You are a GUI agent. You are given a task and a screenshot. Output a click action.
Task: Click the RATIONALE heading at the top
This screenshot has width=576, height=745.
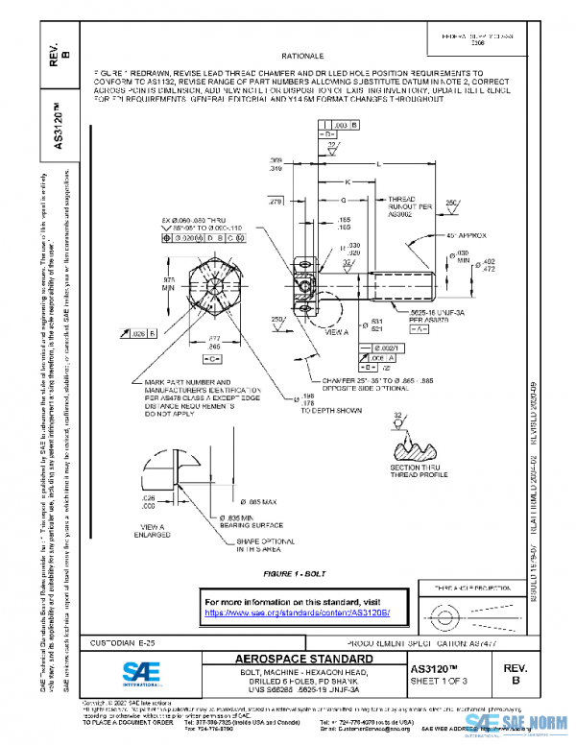tap(302, 58)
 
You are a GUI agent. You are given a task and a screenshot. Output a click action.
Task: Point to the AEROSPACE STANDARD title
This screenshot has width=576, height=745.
tap(303, 661)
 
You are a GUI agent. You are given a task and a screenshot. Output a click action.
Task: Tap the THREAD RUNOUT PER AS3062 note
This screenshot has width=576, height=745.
tap(399, 209)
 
